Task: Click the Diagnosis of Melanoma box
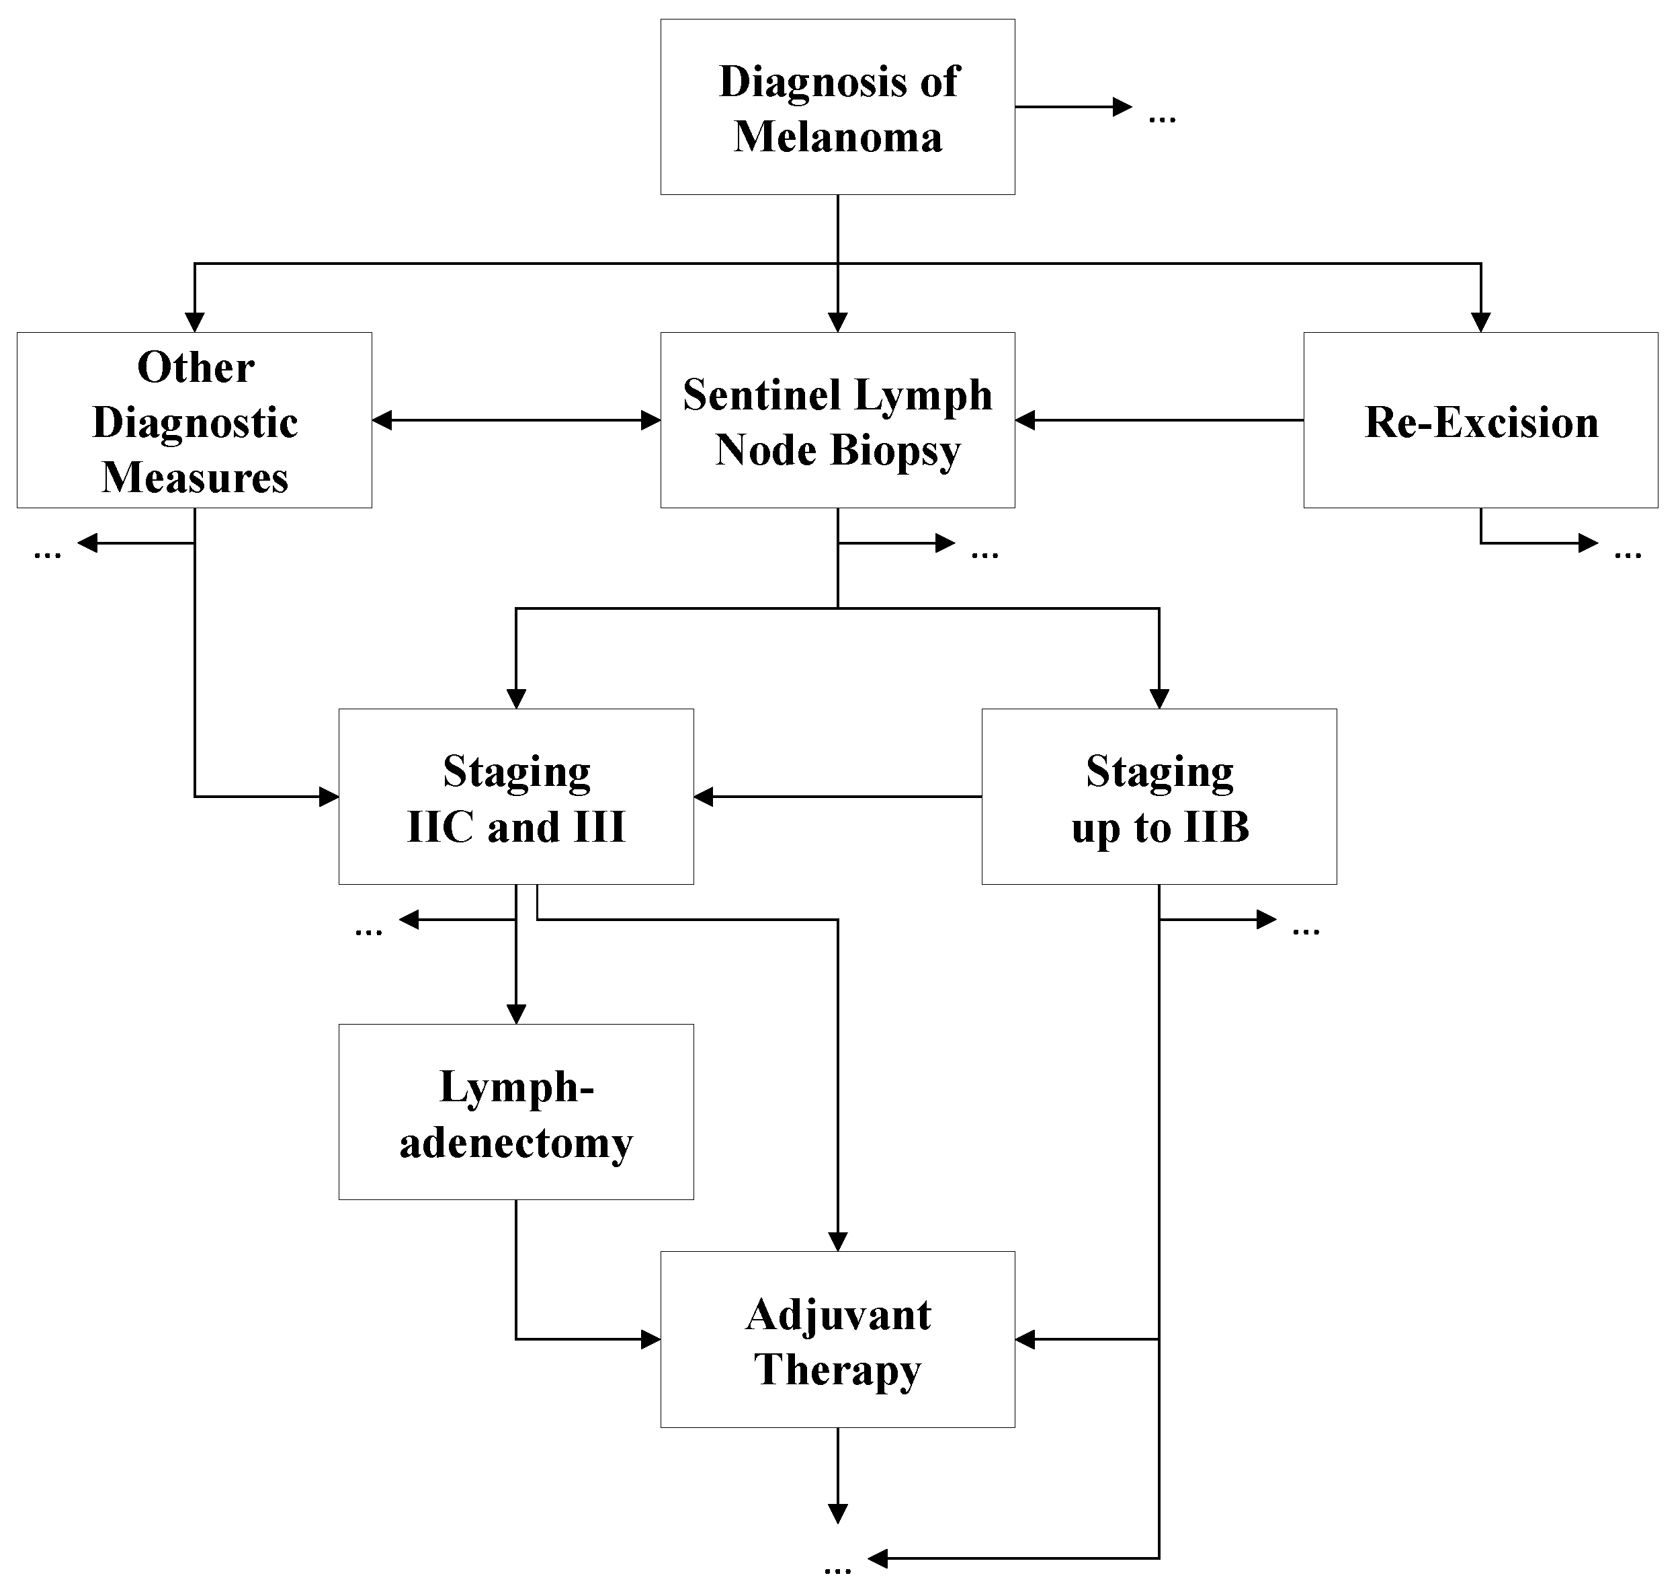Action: tap(837, 108)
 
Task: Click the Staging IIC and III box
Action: tap(516, 797)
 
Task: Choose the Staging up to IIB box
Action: tap(1159, 797)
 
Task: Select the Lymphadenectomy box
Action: tap(516, 1112)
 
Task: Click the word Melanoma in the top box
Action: tap(837, 137)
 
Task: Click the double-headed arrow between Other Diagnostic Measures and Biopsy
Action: tap(516, 420)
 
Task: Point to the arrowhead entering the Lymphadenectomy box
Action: tap(516, 1014)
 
